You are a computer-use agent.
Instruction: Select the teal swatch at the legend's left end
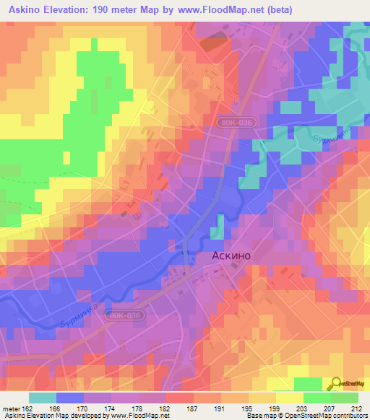tap(42, 398)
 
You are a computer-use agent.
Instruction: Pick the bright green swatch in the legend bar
tap(317, 398)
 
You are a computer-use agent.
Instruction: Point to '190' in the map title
tap(114, 11)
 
